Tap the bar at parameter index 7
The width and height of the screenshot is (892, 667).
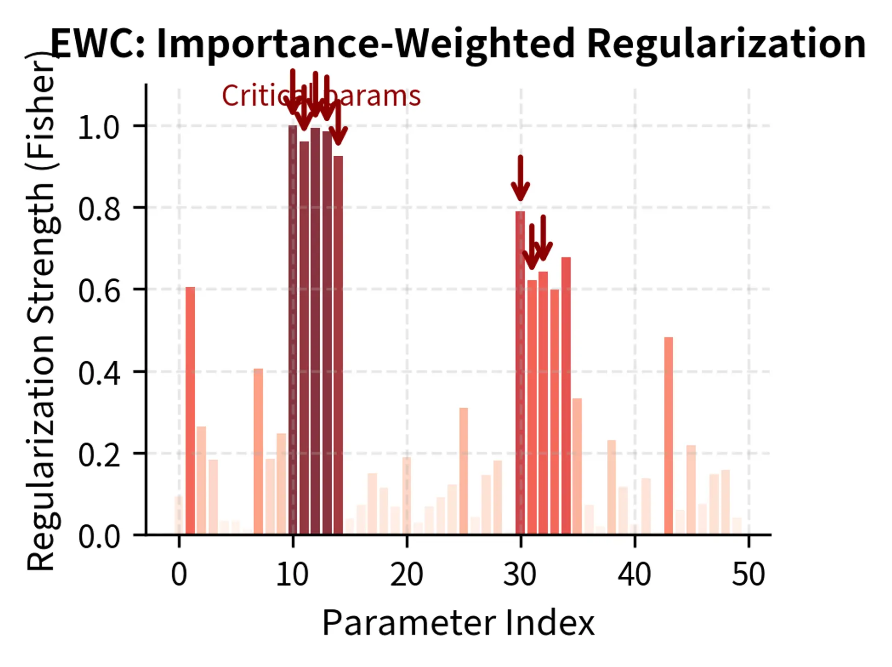(258, 451)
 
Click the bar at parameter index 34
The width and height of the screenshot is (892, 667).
(566, 396)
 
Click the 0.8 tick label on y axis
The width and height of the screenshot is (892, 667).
(98, 209)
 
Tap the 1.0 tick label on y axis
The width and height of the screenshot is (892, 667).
(98, 127)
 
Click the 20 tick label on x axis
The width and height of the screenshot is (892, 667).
(407, 574)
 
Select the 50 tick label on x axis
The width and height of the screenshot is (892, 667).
(748, 574)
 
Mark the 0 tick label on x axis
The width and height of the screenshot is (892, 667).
(179, 574)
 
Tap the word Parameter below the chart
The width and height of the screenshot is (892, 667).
(409, 623)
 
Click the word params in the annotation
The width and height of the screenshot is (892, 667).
(376, 96)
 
